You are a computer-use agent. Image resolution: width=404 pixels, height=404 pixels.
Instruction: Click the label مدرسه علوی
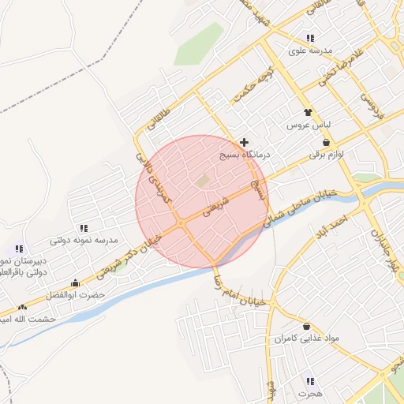point(308,51)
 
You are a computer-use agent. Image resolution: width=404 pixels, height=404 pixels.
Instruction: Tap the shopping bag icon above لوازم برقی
point(327,143)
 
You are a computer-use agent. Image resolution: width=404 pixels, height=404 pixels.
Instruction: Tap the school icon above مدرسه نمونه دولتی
point(84,226)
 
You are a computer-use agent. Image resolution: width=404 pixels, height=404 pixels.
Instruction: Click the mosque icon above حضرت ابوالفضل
point(75,282)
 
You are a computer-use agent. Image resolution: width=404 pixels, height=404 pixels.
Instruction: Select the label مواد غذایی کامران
point(306,339)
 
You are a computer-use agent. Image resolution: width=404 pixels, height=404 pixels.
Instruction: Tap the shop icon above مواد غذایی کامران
point(306,326)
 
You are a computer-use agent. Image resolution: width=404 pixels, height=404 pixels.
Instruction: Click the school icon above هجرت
point(309,380)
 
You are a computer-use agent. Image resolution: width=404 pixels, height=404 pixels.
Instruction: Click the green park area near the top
point(198,44)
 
